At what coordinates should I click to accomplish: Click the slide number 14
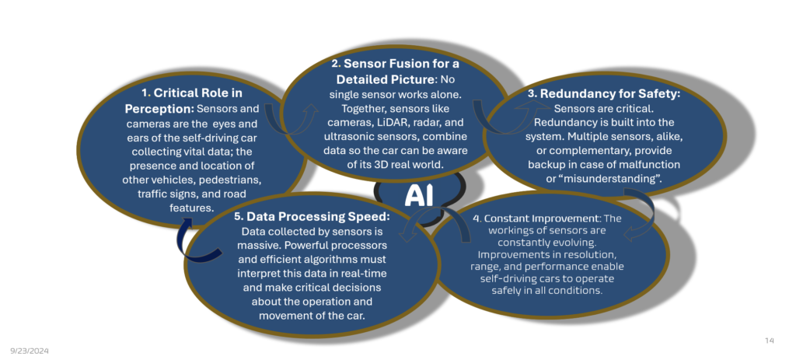tap(770, 341)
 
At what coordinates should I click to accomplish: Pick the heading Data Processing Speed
tap(318, 216)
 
